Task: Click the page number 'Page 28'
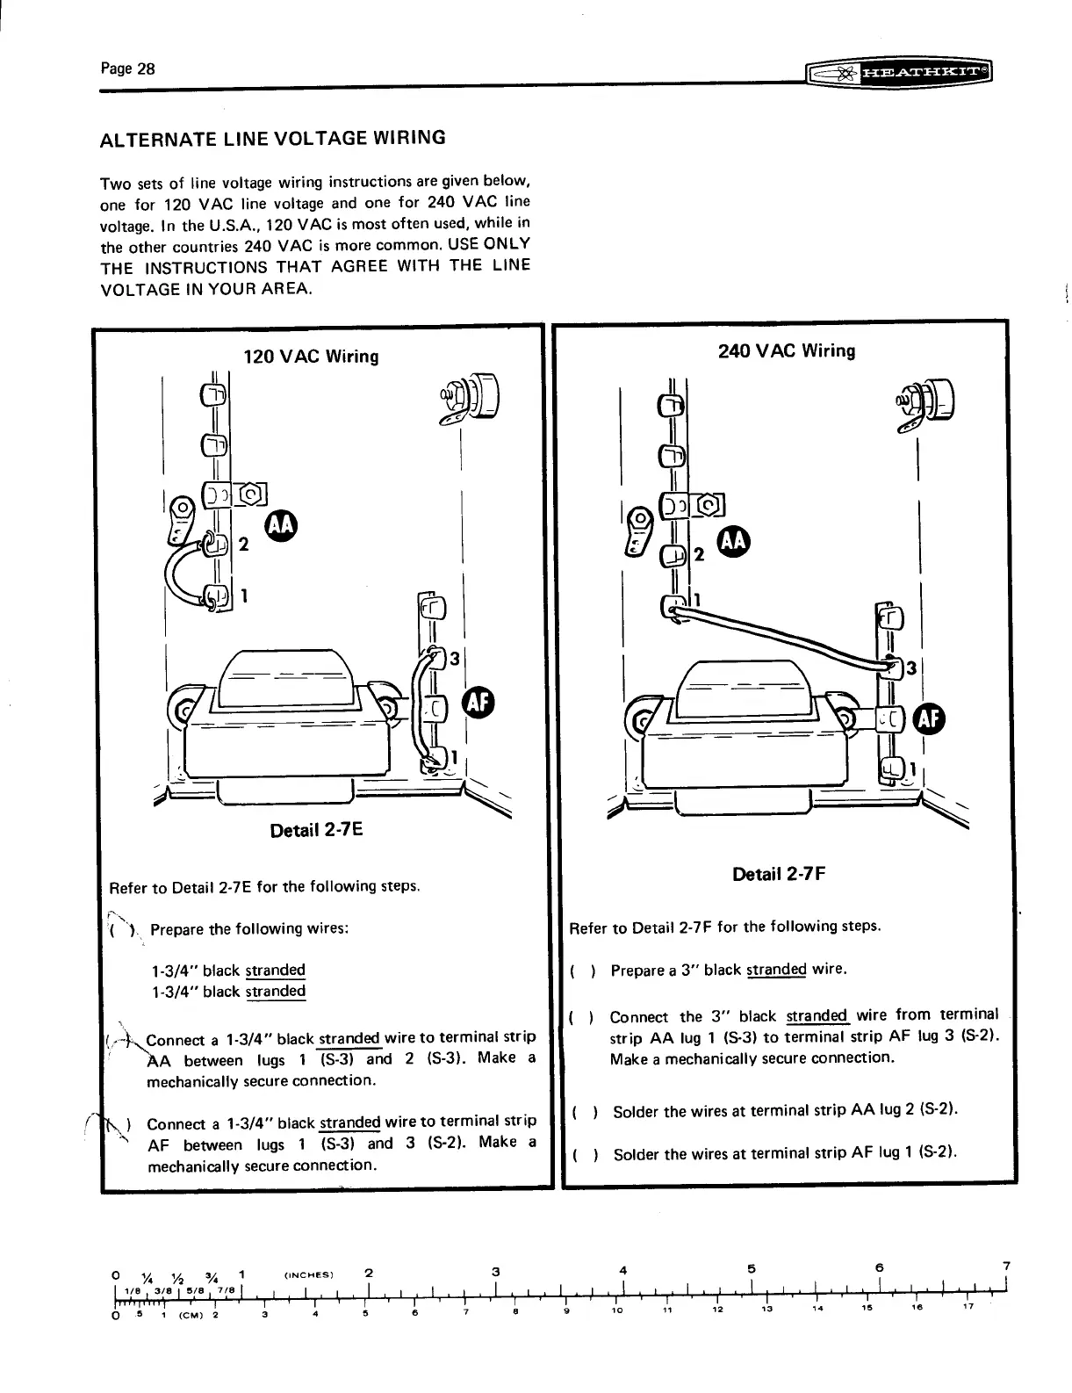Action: [x=127, y=69]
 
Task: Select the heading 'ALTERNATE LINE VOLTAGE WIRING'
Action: [x=273, y=138]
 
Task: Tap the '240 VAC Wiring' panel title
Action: [x=786, y=351]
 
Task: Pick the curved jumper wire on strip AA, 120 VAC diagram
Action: [x=181, y=576]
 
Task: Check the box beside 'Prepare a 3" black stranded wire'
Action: [x=583, y=971]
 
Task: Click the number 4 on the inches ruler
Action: [x=623, y=1270]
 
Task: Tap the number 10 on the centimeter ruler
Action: [x=618, y=1310]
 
